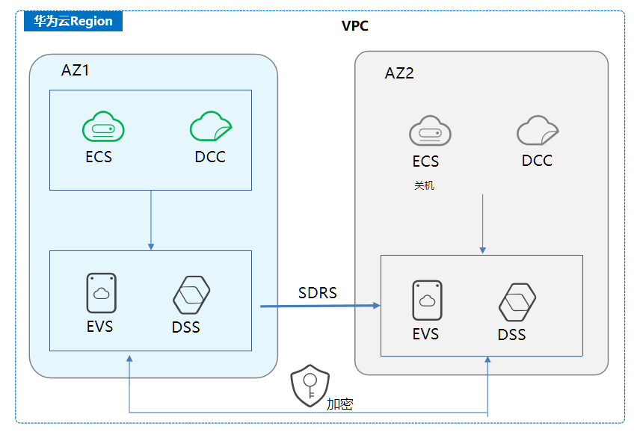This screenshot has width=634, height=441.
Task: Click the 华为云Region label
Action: tap(73, 21)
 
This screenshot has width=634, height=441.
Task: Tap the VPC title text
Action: tap(355, 26)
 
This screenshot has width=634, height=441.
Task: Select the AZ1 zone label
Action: tap(76, 71)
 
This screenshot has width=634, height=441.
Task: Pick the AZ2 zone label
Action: tap(399, 73)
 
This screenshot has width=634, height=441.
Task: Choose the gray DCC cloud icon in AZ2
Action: tap(537, 131)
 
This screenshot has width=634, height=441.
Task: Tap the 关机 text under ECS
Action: tap(424, 185)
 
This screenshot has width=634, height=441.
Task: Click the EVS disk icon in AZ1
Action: tap(101, 293)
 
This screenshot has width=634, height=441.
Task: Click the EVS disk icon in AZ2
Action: tap(427, 300)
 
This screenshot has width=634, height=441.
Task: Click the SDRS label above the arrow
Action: tap(318, 293)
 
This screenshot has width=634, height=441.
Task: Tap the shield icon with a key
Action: tap(310, 386)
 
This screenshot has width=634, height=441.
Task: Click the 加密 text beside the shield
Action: tap(340, 404)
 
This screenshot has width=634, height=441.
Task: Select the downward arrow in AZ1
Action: tap(151, 220)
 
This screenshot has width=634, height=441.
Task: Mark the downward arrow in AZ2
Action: tap(483, 224)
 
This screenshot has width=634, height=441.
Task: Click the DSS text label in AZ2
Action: tap(512, 335)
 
